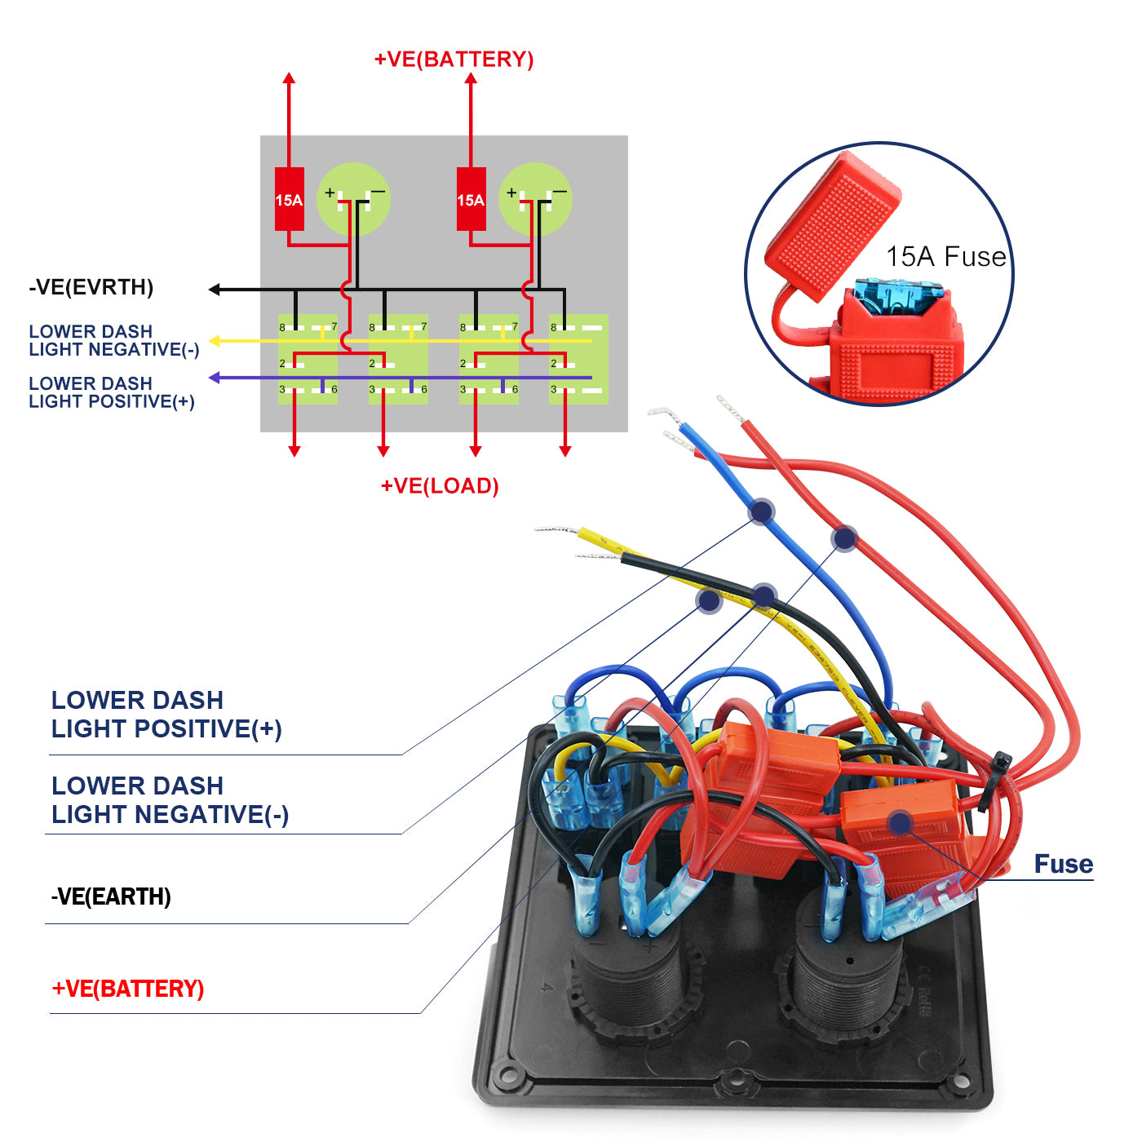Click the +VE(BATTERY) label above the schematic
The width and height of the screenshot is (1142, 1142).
coord(454,60)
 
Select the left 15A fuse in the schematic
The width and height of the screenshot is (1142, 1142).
coord(289,199)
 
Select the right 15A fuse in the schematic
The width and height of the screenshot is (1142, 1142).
coord(471,199)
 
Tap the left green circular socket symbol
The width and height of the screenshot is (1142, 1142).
coord(353,199)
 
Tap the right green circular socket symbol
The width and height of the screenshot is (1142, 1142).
coord(535,199)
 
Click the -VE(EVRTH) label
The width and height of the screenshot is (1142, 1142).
coord(91,287)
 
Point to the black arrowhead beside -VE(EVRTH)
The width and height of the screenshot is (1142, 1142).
coord(215,290)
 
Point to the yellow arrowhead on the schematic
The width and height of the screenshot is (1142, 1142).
coord(215,340)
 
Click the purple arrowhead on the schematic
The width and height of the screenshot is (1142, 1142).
coord(215,378)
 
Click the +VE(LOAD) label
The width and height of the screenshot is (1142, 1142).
coord(440,486)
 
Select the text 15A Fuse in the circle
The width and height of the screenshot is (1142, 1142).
coord(946,257)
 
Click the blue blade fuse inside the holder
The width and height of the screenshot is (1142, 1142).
coord(897,297)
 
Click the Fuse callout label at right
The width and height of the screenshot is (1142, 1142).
coord(1063,864)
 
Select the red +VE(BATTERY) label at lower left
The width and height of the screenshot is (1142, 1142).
coord(128,989)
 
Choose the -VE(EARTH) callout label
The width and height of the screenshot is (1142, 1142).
coord(111,896)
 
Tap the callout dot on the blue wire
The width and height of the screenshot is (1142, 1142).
coord(761,511)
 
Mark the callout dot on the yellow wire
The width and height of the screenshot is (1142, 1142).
coord(710,601)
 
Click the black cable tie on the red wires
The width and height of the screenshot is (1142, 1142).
coord(996,779)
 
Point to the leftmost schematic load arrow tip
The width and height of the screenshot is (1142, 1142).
coord(294,452)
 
